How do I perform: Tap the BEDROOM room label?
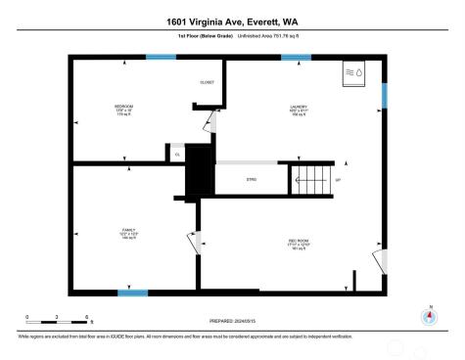point(124,106)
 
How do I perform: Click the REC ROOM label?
point(299,240)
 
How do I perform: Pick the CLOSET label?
point(208,82)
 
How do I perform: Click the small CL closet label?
point(178,154)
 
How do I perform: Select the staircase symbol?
point(310,179)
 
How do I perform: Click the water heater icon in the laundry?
point(353,73)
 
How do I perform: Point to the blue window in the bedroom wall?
point(161,57)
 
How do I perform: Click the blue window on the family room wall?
point(132,292)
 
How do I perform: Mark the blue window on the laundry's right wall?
point(385,96)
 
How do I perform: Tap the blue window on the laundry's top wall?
point(296,57)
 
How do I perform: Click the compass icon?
point(428,316)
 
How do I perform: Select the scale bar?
point(58,319)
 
